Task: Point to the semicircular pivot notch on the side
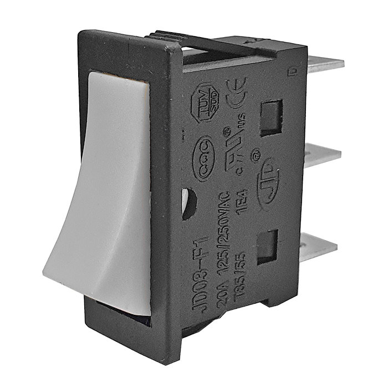tap(188, 202)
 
